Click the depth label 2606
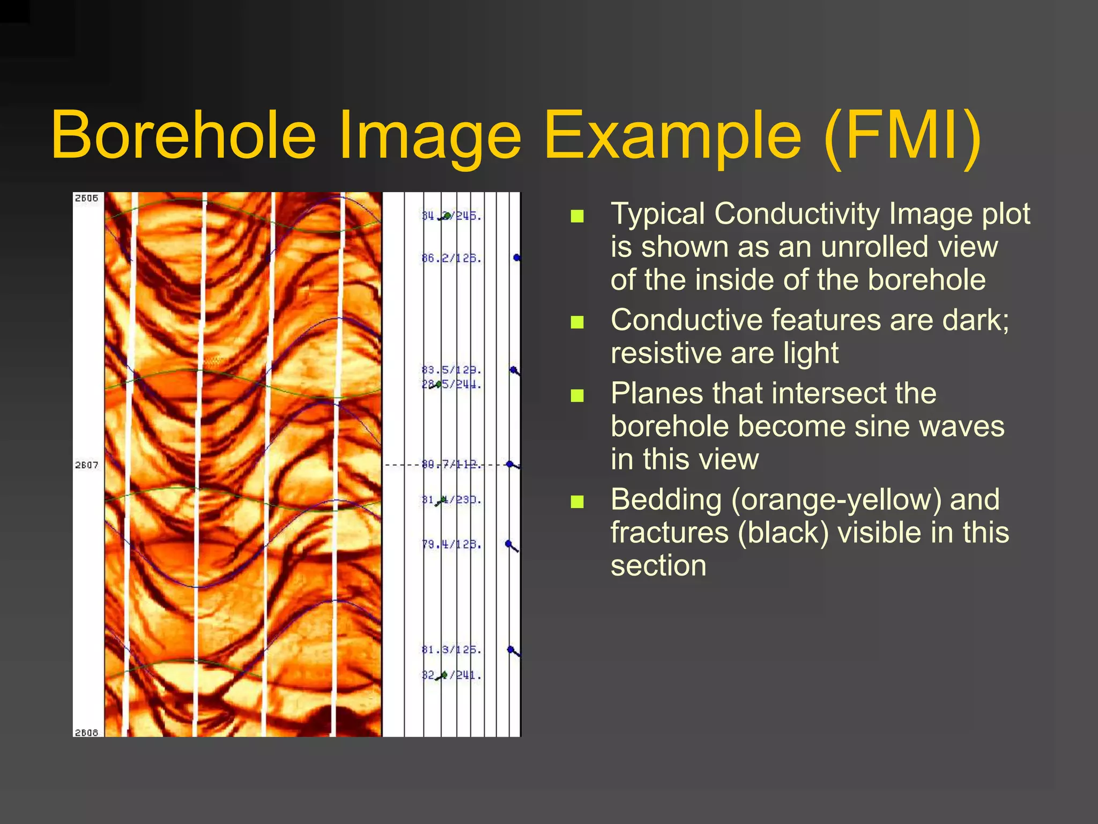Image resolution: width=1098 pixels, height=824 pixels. [x=86, y=198]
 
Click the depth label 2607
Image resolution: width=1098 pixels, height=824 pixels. [x=86, y=465]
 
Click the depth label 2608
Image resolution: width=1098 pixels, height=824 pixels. [x=86, y=732]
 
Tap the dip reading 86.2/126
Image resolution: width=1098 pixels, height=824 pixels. [x=451, y=259]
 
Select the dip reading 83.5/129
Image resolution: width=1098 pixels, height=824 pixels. [x=451, y=370]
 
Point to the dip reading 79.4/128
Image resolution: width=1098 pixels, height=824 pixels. [x=451, y=545]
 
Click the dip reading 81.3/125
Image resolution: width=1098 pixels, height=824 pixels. [x=451, y=650]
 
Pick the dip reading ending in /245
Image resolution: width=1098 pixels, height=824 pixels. [x=451, y=216]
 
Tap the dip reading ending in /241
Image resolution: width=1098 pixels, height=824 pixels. [x=451, y=675]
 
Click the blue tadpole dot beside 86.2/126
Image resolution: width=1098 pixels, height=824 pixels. [x=516, y=258]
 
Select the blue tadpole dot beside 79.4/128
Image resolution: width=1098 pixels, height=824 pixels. [x=509, y=544]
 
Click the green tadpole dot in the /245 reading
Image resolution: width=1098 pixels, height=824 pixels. [x=447, y=216]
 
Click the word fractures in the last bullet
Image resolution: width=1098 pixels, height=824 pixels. [x=670, y=532]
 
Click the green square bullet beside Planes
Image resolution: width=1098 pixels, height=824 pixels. [x=577, y=396]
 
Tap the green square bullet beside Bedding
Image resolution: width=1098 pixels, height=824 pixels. [x=577, y=502]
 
